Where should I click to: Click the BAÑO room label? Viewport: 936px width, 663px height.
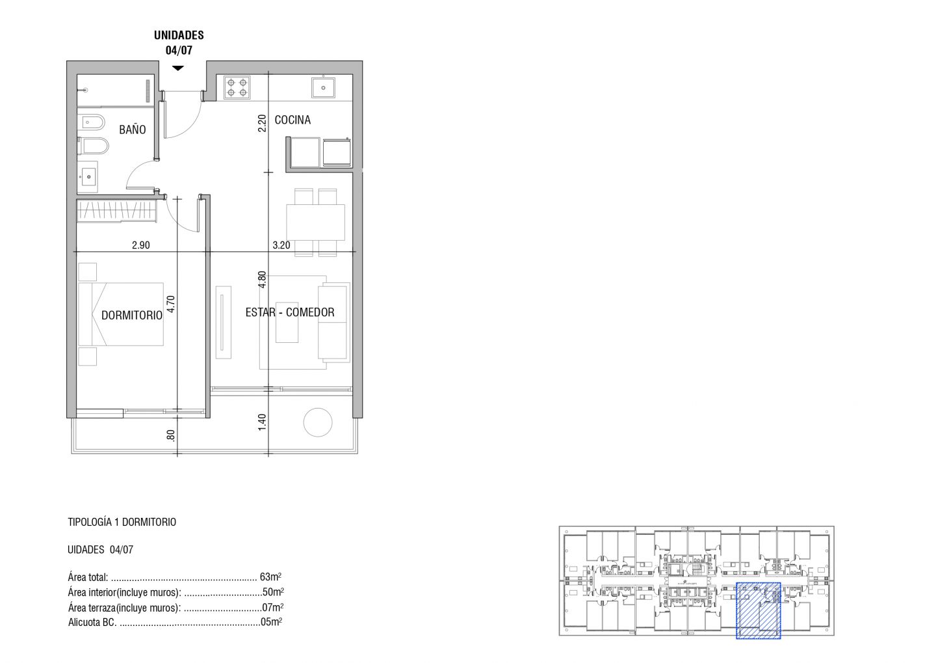click(x=133, y=129)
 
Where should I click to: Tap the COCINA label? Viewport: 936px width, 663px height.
click(x=292, y=120)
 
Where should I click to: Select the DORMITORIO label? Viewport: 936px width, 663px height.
click(x=132, y=315)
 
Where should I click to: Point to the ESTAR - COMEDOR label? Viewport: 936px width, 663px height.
click(x=290, y=312)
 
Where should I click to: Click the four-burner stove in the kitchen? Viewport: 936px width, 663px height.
click(x=237, y=87)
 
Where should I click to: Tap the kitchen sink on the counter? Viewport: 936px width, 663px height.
click(x=323, y=87)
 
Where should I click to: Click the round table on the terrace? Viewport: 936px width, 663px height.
click(x=318, y=422)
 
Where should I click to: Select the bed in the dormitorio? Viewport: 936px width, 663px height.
click(x=121, y=314)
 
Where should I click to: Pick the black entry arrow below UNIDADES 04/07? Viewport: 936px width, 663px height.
click(x=178, y=68)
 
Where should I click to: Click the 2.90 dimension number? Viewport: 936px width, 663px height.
click(x=141, y=245)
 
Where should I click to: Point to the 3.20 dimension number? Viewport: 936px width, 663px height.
click(x=281, y=245)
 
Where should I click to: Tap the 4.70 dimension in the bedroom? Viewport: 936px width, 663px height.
click(x=170, y=304)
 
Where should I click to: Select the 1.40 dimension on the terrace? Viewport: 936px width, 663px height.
click(x=262, y=422)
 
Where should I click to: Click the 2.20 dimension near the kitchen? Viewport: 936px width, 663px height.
click(x=262, y=124)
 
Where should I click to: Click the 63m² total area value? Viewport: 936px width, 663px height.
click(x=271, y=577)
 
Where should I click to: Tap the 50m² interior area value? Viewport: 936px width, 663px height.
click(x=273, y=592)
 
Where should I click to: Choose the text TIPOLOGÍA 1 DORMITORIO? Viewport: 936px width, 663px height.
click(x=122, y=522)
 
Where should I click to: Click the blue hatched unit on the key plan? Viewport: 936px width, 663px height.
click(x=759, y=611)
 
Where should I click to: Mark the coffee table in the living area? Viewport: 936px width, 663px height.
click(x=287, y=323)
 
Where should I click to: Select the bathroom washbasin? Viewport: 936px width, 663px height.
click(x=88, y=177)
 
